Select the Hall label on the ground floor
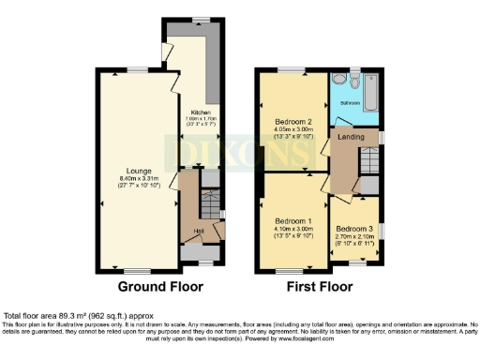(x=199, y=231)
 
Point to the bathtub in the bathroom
(x=368, y=94)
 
